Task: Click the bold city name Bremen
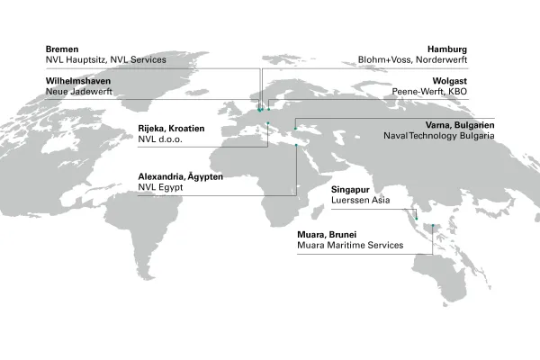pyautogui.click(x=63, y=49)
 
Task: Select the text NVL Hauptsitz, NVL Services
pyautogui.click(x=106, y=59)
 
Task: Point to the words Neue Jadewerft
pyautogui.click(x=80, y=92)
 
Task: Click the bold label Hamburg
pyautogui.click(x=474, y=49)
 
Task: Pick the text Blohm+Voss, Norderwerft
pyautogui.click(x=440, y=59)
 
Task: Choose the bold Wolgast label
pyautogui.click(x=475, y=81)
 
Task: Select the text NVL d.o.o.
pyautogui.click(x=160, y=139)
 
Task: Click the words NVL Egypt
pyautogui.click(x=161, y=188)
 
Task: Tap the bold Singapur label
pyautogui.click(x=351, y=191)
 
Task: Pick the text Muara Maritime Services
pyautogui.click(x=348, y=246)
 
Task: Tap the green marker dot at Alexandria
pyautogui.click(x=296, y=146)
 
